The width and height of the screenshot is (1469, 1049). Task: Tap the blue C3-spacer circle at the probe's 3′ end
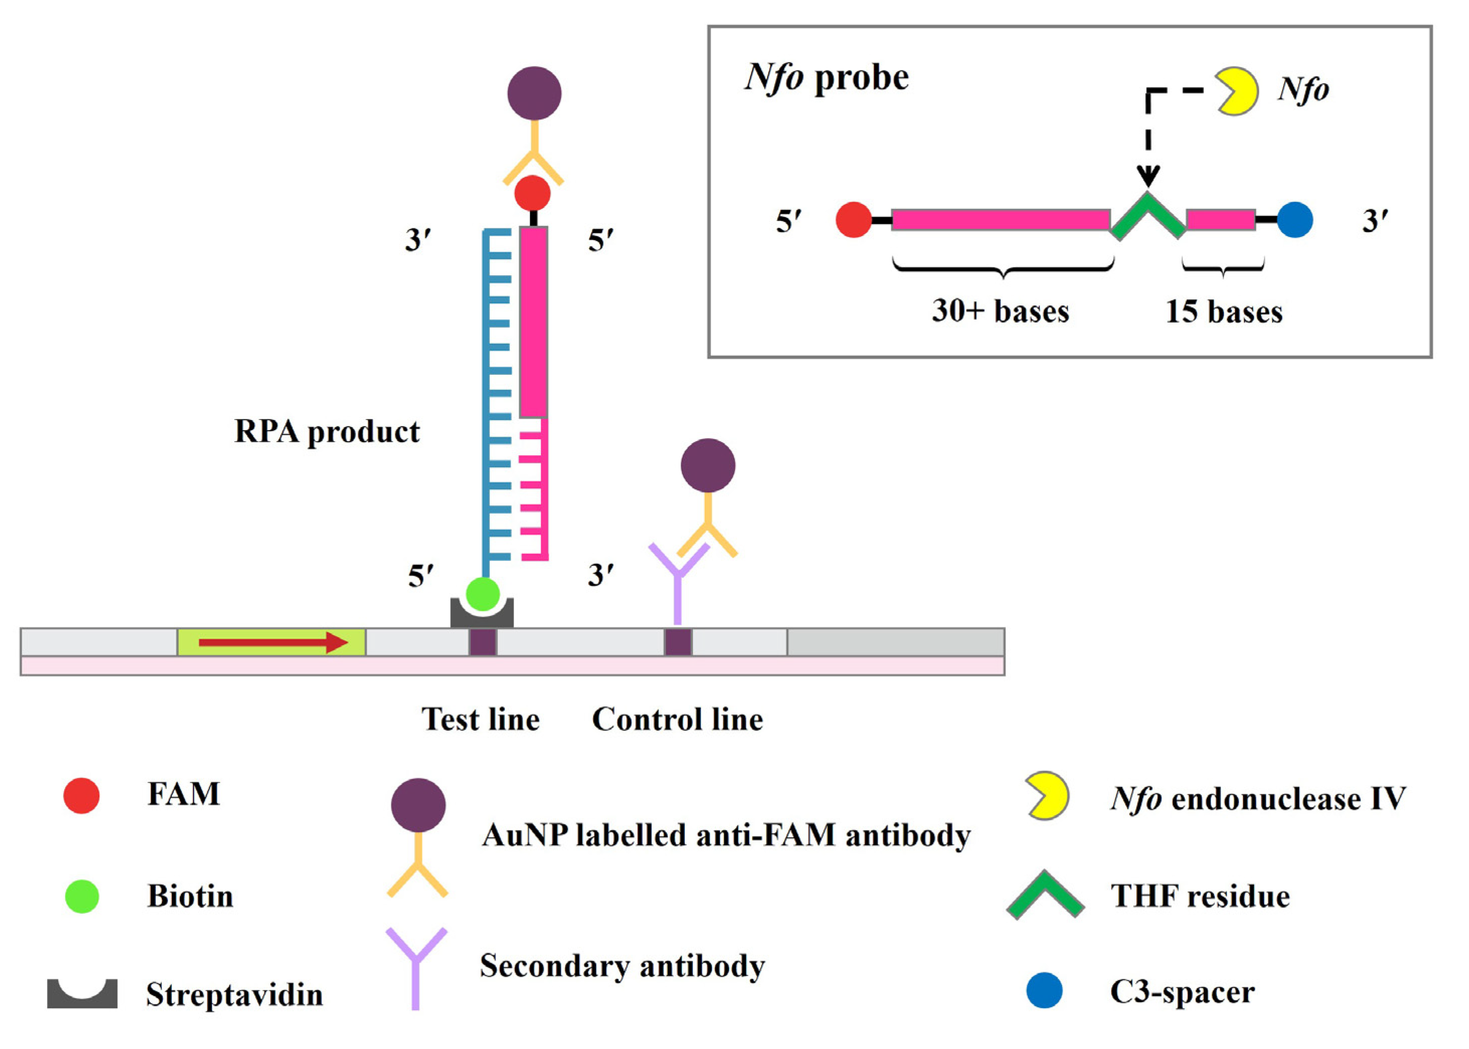click(1295, 220)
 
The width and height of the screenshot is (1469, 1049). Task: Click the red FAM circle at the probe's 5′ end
click(854, 220)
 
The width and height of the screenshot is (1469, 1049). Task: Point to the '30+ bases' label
click(1000, 310)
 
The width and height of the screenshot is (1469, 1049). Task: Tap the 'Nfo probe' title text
click(827, 77)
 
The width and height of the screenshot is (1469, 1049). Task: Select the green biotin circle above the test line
click(483, 593)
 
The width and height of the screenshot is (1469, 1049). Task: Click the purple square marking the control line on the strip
click(678, 643)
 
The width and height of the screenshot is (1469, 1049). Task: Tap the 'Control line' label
click(677, 719)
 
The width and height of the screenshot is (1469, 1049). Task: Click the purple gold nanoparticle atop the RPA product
click(534, 93)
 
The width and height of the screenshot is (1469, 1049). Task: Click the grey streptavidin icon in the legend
click(82, 993)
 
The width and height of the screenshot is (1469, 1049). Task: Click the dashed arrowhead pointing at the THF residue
click(1148, 176)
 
